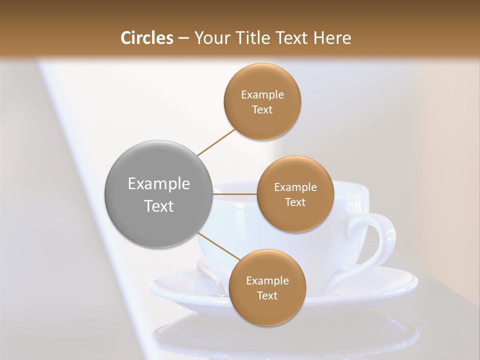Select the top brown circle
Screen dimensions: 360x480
click(x=262, y=101)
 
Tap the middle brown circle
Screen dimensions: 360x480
click(x=295, y=194)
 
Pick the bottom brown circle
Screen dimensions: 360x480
click(x=267, y=287)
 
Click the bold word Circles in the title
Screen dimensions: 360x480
click(x=147, y=38)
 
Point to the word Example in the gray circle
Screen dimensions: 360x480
click(x=159, y=184)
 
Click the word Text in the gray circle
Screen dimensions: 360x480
click(x=159, y=206)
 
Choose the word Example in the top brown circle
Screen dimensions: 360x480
click(x=262, y=95)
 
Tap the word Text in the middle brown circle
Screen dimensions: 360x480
click(x=295, y=202)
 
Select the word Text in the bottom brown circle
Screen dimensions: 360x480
click(x=267, y=295)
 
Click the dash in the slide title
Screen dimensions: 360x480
click(x=183, y=38)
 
